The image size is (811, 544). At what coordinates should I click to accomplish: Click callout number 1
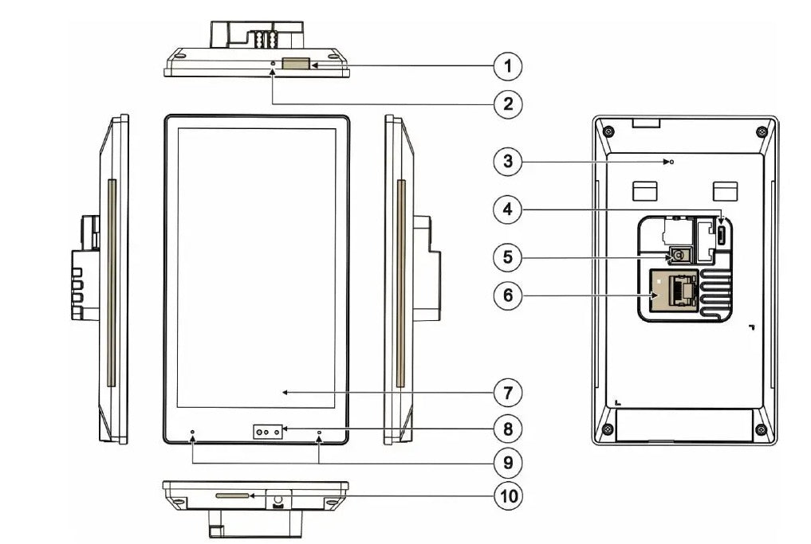pos(508,65)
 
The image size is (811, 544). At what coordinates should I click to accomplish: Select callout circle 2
pos(508,103)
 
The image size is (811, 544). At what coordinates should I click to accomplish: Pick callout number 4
pos(508,210)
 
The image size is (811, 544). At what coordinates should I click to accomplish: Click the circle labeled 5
pos(508,256)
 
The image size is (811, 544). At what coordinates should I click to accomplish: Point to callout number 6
pos(508,295)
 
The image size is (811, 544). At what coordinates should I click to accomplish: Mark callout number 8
pos(508,429)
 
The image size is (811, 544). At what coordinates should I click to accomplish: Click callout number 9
pos(508,461)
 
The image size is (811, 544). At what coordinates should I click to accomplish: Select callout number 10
pos(508,495)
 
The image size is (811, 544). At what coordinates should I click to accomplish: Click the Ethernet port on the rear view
pos(674,292)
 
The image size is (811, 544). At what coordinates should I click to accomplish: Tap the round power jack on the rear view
pos(678,255)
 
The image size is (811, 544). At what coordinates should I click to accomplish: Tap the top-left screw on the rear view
pos(608,131)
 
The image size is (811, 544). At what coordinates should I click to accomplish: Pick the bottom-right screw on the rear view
pos(762,431)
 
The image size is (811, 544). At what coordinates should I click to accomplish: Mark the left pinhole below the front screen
pos(192,434)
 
